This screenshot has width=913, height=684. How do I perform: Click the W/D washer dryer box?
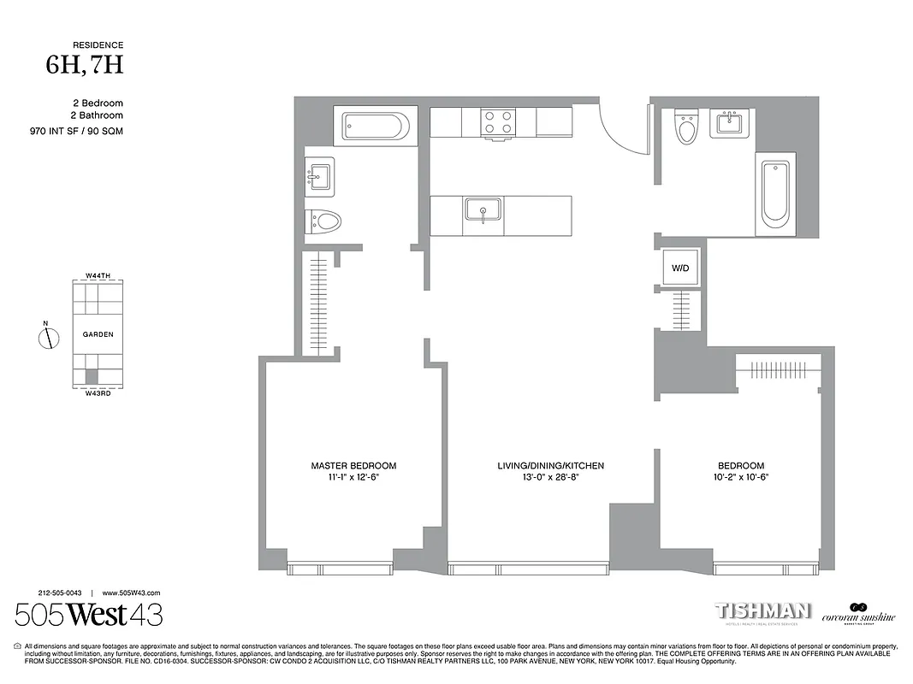coord(680,268)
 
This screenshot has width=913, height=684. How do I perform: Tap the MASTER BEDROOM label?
coord(353,466)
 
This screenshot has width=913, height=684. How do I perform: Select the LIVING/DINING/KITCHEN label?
coord(550,466)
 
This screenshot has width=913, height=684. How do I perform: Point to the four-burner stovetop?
coord(498,122)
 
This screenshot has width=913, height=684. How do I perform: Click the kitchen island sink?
coord(483,209)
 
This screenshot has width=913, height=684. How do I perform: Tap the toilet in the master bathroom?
coord(324,221)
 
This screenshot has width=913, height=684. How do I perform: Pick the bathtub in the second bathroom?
coord(775,194)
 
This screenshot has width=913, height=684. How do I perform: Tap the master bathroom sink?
coord(318,177)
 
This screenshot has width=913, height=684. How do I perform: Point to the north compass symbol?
coord(50,338)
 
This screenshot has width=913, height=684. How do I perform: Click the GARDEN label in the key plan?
coord(98,335)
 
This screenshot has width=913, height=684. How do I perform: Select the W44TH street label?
coord(98,276)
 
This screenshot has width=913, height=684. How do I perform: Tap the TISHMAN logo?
coord(763,610)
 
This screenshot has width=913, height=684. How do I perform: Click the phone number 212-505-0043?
coord(60,593)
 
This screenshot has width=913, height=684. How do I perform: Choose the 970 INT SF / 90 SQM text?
coord(70,131)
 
